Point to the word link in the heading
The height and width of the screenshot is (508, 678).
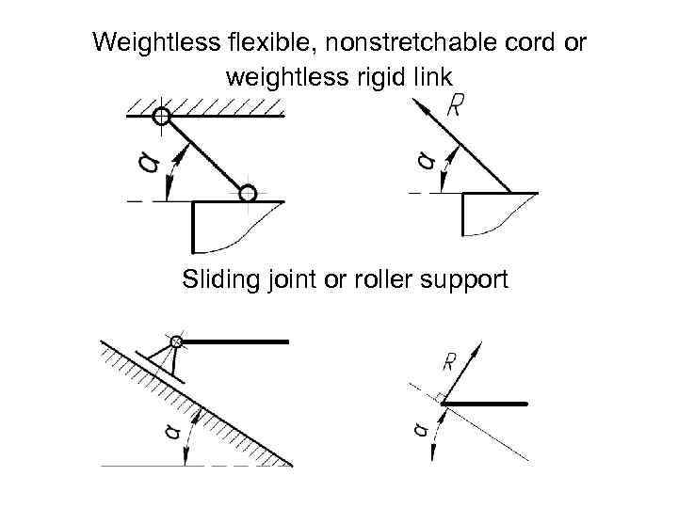point(431,76)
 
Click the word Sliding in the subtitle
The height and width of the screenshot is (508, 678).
point(216,279)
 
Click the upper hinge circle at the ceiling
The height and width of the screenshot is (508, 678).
point(161,116)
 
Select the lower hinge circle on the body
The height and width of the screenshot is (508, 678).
point(247,194)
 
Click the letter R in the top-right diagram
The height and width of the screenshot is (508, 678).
point(456,106)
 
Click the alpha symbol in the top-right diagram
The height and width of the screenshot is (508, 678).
point(428,162)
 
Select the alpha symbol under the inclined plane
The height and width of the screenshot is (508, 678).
point(169,432)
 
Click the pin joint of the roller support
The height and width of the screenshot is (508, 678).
point(176,341)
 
